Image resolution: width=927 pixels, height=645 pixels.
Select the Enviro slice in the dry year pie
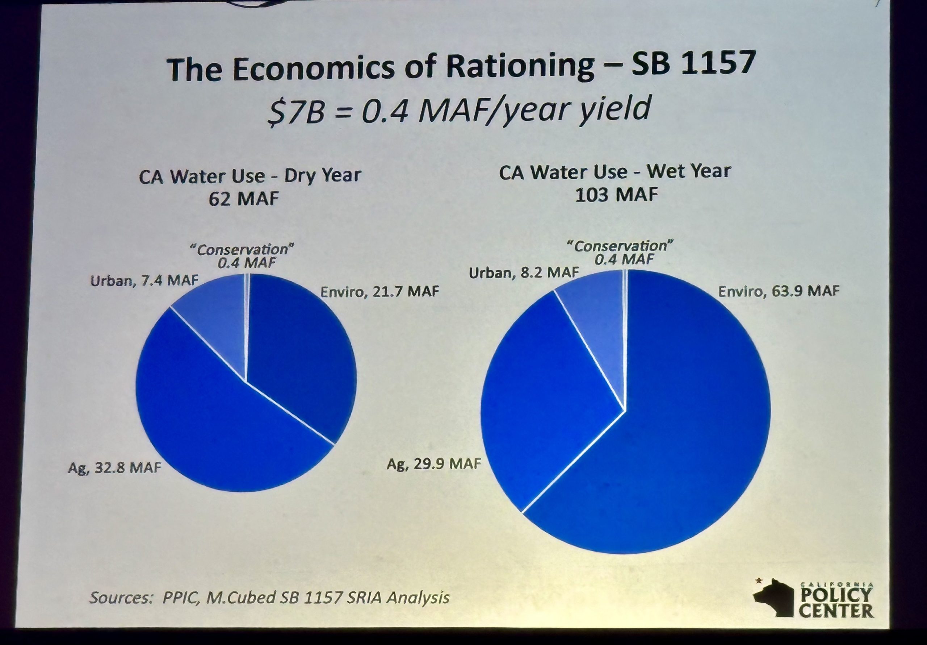pyautogui.click(x=299, y=355)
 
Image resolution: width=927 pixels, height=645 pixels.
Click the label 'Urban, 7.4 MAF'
pyautogui.click(x=144, y=280)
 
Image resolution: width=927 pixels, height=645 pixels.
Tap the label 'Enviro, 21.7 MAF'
pyautogui.click(x=379, y=291)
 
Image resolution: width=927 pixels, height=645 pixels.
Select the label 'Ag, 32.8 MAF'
pyautogui.click(x=114, y=467)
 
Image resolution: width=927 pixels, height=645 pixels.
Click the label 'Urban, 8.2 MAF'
pyautogui.click(x=523, y=273)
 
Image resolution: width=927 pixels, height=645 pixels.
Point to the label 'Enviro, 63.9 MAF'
pyautogui.click(x=779, y=291)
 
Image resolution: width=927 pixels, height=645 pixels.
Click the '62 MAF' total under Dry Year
pyautogui.click(x=243, y=199)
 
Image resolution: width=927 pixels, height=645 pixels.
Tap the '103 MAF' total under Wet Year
pyautogui.click(x=616, y=195)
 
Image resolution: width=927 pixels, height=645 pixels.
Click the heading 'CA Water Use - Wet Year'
pyautogui.click(x=614, y=172)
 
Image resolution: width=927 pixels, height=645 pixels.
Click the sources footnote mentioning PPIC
pyautogui.click(x=269, y=597)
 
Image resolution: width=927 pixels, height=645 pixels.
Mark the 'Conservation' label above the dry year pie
pyautogui.click(x=242, y=249)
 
